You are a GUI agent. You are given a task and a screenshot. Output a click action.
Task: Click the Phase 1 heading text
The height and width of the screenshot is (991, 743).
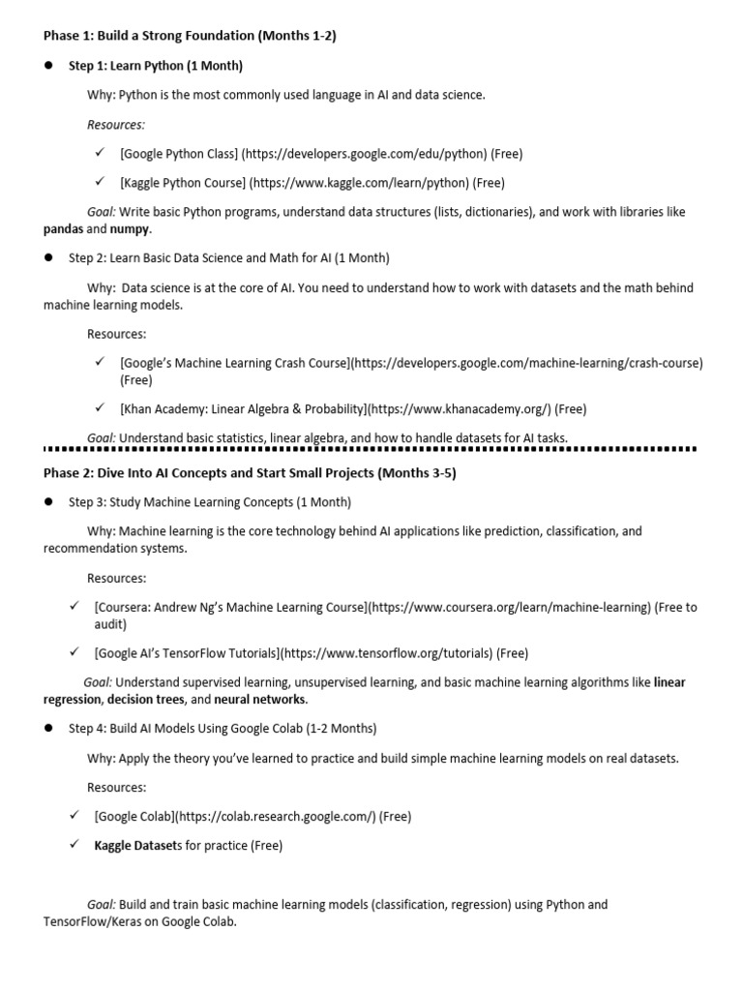[x=190, y=36]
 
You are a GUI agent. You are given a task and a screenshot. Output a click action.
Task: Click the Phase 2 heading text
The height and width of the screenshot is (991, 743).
[x=250, y=473]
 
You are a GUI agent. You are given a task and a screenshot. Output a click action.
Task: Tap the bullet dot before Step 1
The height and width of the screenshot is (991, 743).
[x=47, y=66]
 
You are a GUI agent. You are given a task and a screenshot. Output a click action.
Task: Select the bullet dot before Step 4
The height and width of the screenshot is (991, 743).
[x=47, y=729]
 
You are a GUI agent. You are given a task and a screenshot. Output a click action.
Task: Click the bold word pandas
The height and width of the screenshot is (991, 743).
[x=63, y=230]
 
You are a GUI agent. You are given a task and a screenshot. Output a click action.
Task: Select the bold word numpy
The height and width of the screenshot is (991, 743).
[x=130, y=230]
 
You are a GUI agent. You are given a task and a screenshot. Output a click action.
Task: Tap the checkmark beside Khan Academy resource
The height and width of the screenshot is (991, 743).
[x=100, y=408]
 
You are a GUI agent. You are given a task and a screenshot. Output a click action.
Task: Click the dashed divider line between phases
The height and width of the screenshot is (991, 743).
[x=371, y=449]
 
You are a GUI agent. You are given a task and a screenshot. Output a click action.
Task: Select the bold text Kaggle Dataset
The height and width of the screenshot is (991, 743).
[x=134, y=846]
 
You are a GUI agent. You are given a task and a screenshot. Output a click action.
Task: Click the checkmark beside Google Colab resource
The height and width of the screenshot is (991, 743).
[x=74, y=816]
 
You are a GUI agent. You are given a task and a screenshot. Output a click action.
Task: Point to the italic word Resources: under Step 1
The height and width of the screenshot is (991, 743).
[x=116, y=124]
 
